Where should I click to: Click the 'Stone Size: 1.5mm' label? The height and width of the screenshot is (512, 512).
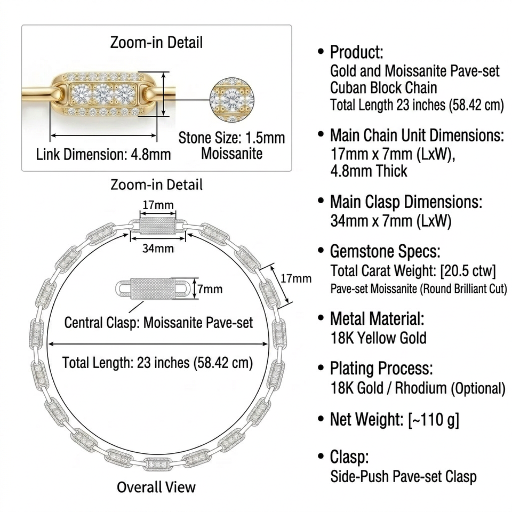[x=231, y=138]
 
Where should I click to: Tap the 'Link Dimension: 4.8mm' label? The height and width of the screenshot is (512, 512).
[x=103, y=155]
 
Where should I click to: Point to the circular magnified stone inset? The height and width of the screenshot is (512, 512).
[x=231, y=100]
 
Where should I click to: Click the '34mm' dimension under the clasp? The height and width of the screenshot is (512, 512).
[x=158, y=249]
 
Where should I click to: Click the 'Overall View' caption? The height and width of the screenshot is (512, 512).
[x=156, y=487]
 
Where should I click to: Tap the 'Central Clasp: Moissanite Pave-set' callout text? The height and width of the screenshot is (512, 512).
[x=159, y=323]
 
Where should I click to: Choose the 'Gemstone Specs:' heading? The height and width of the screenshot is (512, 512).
[x=385, y=251]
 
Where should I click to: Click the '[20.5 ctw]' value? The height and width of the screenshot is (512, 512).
[x=468, y=271]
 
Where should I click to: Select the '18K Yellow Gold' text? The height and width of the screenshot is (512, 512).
[x=379, y=338]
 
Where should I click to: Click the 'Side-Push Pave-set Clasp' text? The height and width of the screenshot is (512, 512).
[x=403, y=476]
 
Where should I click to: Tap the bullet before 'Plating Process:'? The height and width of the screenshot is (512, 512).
[x=321, y=367]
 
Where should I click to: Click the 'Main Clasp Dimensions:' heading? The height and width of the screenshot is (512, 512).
[x=406, y=202]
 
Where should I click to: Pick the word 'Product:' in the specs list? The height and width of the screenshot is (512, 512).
[x=357, y=52]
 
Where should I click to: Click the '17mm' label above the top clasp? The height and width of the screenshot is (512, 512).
[x=158, y=205]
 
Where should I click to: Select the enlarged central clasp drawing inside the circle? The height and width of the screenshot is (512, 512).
[x=153, y=289]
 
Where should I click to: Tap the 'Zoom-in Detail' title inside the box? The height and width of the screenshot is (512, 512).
[x=156, y=43]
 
